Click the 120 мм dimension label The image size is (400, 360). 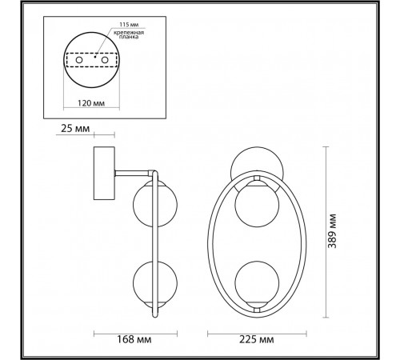91,103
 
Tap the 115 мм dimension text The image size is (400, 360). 129,25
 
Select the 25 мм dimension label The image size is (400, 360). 75,129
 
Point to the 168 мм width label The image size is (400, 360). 134,339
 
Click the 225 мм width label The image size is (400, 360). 256,339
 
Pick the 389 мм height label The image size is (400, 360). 332,231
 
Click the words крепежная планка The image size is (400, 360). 129,34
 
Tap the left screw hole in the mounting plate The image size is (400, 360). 79,60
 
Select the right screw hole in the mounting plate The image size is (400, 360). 105,60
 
